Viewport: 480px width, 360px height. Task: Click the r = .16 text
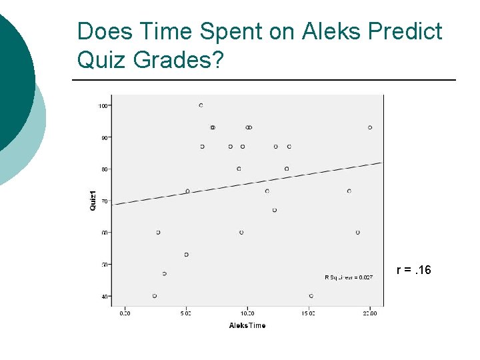click(x=414, y=270)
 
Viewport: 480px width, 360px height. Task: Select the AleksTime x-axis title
click(x=247, y=325)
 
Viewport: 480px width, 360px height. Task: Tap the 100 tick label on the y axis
click(x=103, y=105)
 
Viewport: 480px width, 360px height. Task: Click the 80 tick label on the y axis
click(x=105, y=169)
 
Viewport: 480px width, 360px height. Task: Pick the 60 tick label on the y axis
click(x=105, y=233)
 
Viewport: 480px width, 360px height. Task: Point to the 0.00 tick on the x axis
click(x=125, y=312)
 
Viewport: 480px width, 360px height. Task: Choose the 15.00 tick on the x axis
click(x=309, y=312)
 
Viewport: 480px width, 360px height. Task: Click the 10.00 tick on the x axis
click(x=247, y=312)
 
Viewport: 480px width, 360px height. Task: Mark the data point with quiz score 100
click(x=201, y=105)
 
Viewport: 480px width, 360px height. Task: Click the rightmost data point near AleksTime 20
click(x=370, y=127)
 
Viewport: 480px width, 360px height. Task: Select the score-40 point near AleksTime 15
click(x=311, y=296)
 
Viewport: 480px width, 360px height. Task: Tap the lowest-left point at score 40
click(x=155, y=296)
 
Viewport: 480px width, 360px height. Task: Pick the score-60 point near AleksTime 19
click(x=358, y=233)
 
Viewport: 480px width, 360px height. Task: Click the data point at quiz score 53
click(x=187, y=255)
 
